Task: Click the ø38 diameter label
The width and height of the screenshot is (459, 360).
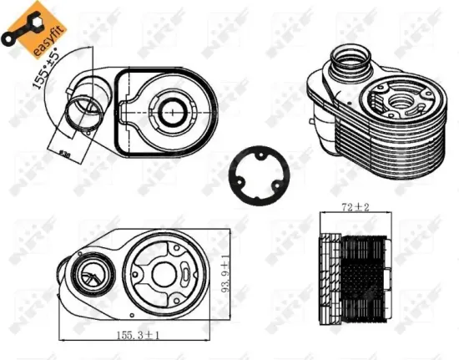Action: click(x=65, y=150)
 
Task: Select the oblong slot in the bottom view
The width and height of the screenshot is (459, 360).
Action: click(x=185, y=273)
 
